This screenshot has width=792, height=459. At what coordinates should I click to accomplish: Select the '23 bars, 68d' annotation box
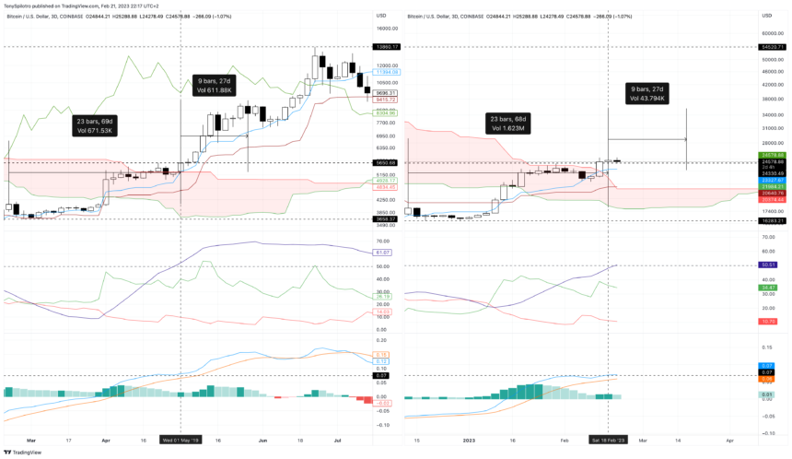[x=508, y=124]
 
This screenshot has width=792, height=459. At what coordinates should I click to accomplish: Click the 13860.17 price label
[x=386, y=46]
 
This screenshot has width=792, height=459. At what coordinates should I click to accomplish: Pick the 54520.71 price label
[x=772, y=46]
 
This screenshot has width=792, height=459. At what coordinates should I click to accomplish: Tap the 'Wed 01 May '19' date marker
[x=180, y=441]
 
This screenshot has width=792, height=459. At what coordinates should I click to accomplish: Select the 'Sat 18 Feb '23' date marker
[x=608, y=441]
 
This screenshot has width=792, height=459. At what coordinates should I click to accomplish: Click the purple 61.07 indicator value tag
[x=385, y=252]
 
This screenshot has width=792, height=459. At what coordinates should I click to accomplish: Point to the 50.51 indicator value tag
[x=772, y=265]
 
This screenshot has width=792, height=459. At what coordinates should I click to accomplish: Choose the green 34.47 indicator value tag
[x=772, y=288]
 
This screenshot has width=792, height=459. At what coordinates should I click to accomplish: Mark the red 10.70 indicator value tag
[x=772, y=321]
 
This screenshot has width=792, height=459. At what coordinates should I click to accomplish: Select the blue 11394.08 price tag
[x=386, y=71]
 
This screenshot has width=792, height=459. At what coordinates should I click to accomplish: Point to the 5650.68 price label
[x=386, y=162]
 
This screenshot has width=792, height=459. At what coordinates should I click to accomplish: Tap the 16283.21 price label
[x=772, y=220]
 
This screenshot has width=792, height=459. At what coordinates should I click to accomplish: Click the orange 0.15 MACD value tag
[x=385, y=354]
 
